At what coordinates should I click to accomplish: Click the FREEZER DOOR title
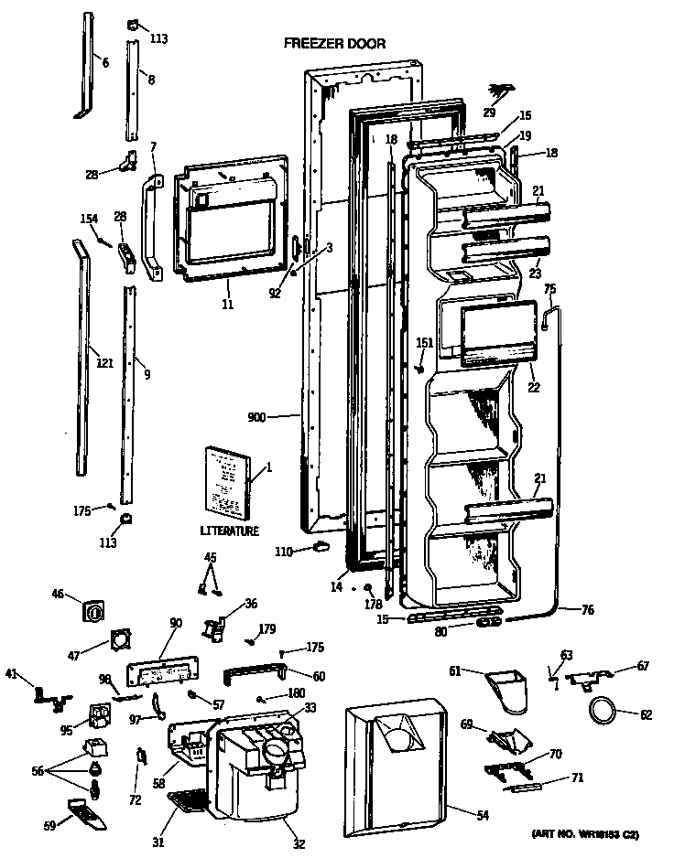point(333,43)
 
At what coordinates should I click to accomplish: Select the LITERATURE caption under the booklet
point(229,531)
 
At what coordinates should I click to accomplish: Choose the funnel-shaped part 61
point(507,687)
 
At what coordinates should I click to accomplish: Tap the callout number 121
point(103,363)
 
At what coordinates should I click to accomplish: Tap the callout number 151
point(424,343)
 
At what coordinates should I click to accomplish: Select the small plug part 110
point(321,548)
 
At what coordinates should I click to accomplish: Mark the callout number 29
point(490,112)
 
